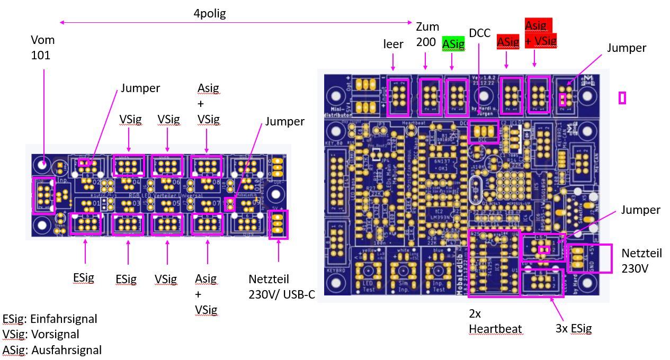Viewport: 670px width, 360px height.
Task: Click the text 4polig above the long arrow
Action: click(210, 14)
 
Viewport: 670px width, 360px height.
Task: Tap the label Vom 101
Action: click(43, 47)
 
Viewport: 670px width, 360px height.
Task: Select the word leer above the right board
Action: click(393, 44)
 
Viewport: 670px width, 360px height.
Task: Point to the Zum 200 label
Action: click(426, 34)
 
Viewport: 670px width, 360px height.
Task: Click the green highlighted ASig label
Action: click(453, 44)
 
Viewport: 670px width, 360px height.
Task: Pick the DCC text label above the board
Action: click(480, 33)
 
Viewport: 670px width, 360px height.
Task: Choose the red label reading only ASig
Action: click(508, 42)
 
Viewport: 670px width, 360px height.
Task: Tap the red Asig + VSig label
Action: click(540, 32)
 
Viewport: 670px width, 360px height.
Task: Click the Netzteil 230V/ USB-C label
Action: click(281, 286)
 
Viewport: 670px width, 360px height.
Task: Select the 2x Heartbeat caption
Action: click(495, 321)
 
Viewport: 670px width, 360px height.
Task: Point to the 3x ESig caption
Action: click(573, 328)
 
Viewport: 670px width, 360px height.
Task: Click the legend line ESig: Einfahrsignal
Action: click(50, 319)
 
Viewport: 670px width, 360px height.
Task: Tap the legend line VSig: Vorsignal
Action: click(41, 334)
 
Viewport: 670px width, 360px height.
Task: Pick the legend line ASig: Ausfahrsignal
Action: click(52, 350)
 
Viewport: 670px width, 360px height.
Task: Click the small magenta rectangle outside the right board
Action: click(622, 97)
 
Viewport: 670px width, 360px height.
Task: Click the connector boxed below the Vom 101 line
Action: click(43, 195)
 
